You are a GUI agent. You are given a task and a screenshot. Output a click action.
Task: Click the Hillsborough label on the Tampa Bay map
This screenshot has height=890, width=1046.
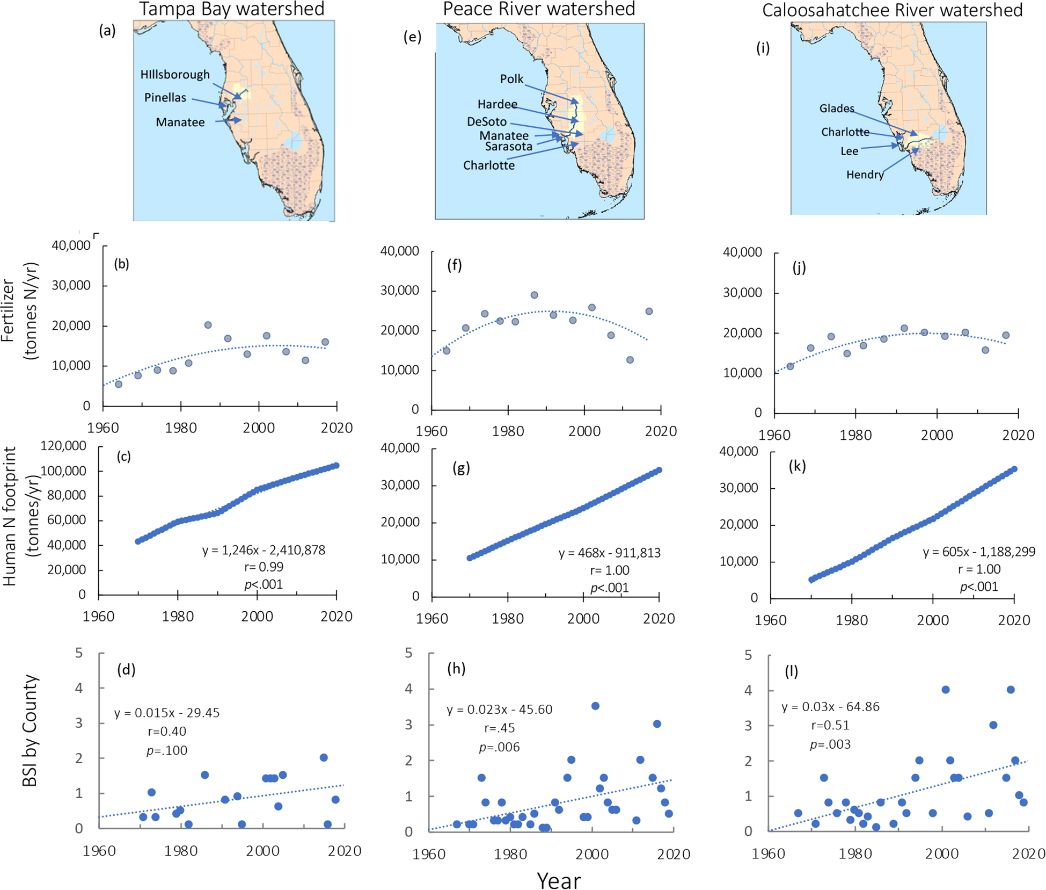point(175,75)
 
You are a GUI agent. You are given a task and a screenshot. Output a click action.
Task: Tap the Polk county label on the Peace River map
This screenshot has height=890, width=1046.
point(511,79)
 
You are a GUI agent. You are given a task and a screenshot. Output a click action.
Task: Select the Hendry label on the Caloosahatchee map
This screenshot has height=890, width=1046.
point(865,175)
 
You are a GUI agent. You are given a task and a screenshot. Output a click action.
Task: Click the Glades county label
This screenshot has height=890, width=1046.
point(836,108)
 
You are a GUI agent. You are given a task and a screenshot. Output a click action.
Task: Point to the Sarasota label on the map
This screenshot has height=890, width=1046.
point(508,146)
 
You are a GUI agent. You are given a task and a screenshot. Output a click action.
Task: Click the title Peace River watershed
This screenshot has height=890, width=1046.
point(538,9)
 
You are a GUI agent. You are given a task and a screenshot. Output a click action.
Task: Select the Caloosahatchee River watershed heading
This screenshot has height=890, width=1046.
point(892,10)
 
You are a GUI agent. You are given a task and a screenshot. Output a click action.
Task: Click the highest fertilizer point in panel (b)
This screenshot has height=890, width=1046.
point(208,325)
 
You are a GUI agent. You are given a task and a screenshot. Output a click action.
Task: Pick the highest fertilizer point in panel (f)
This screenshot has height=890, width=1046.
point(534,295)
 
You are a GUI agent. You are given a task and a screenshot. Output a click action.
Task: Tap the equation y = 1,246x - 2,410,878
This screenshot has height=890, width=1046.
point(264,550)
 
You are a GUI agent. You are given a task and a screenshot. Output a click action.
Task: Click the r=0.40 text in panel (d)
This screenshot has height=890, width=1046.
point(167,731)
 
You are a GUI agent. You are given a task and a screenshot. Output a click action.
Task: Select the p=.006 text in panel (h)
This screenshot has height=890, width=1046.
point(499,747)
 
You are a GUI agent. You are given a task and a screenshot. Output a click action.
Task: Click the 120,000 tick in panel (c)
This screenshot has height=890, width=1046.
point(67,446)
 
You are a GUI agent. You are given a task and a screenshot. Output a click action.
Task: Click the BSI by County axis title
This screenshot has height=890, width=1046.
point(30,730)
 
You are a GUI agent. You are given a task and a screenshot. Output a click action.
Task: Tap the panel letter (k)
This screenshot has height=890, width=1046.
point(796,466)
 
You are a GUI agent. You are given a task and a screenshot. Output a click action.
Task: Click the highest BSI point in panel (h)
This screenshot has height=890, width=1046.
point(595,706)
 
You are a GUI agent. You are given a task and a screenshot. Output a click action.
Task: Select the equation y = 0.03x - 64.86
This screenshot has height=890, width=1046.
point(830,707)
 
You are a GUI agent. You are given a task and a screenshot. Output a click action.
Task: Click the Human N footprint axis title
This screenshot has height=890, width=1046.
point(21,516)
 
